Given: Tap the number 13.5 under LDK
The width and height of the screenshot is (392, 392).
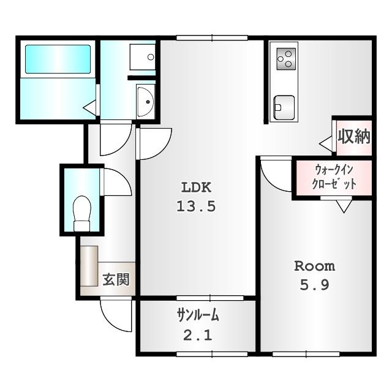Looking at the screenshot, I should point(196,206).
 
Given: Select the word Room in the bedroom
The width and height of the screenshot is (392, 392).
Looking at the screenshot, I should point(315,266).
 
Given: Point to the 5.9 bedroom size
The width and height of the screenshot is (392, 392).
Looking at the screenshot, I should point(315,285).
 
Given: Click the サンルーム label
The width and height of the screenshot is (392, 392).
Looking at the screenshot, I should point(198,316).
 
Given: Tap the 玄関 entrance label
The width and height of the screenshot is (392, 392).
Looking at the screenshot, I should point(116,281).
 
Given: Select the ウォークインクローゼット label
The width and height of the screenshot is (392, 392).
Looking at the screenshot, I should point(334,177).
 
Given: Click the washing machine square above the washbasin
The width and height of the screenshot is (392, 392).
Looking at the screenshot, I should point(142,57).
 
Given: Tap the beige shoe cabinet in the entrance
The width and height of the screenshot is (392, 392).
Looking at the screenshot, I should point(89,265).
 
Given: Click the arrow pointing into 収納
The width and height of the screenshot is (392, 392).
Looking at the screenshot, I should point(326,143).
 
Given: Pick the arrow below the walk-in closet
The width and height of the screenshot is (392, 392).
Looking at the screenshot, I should point(344,206).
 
